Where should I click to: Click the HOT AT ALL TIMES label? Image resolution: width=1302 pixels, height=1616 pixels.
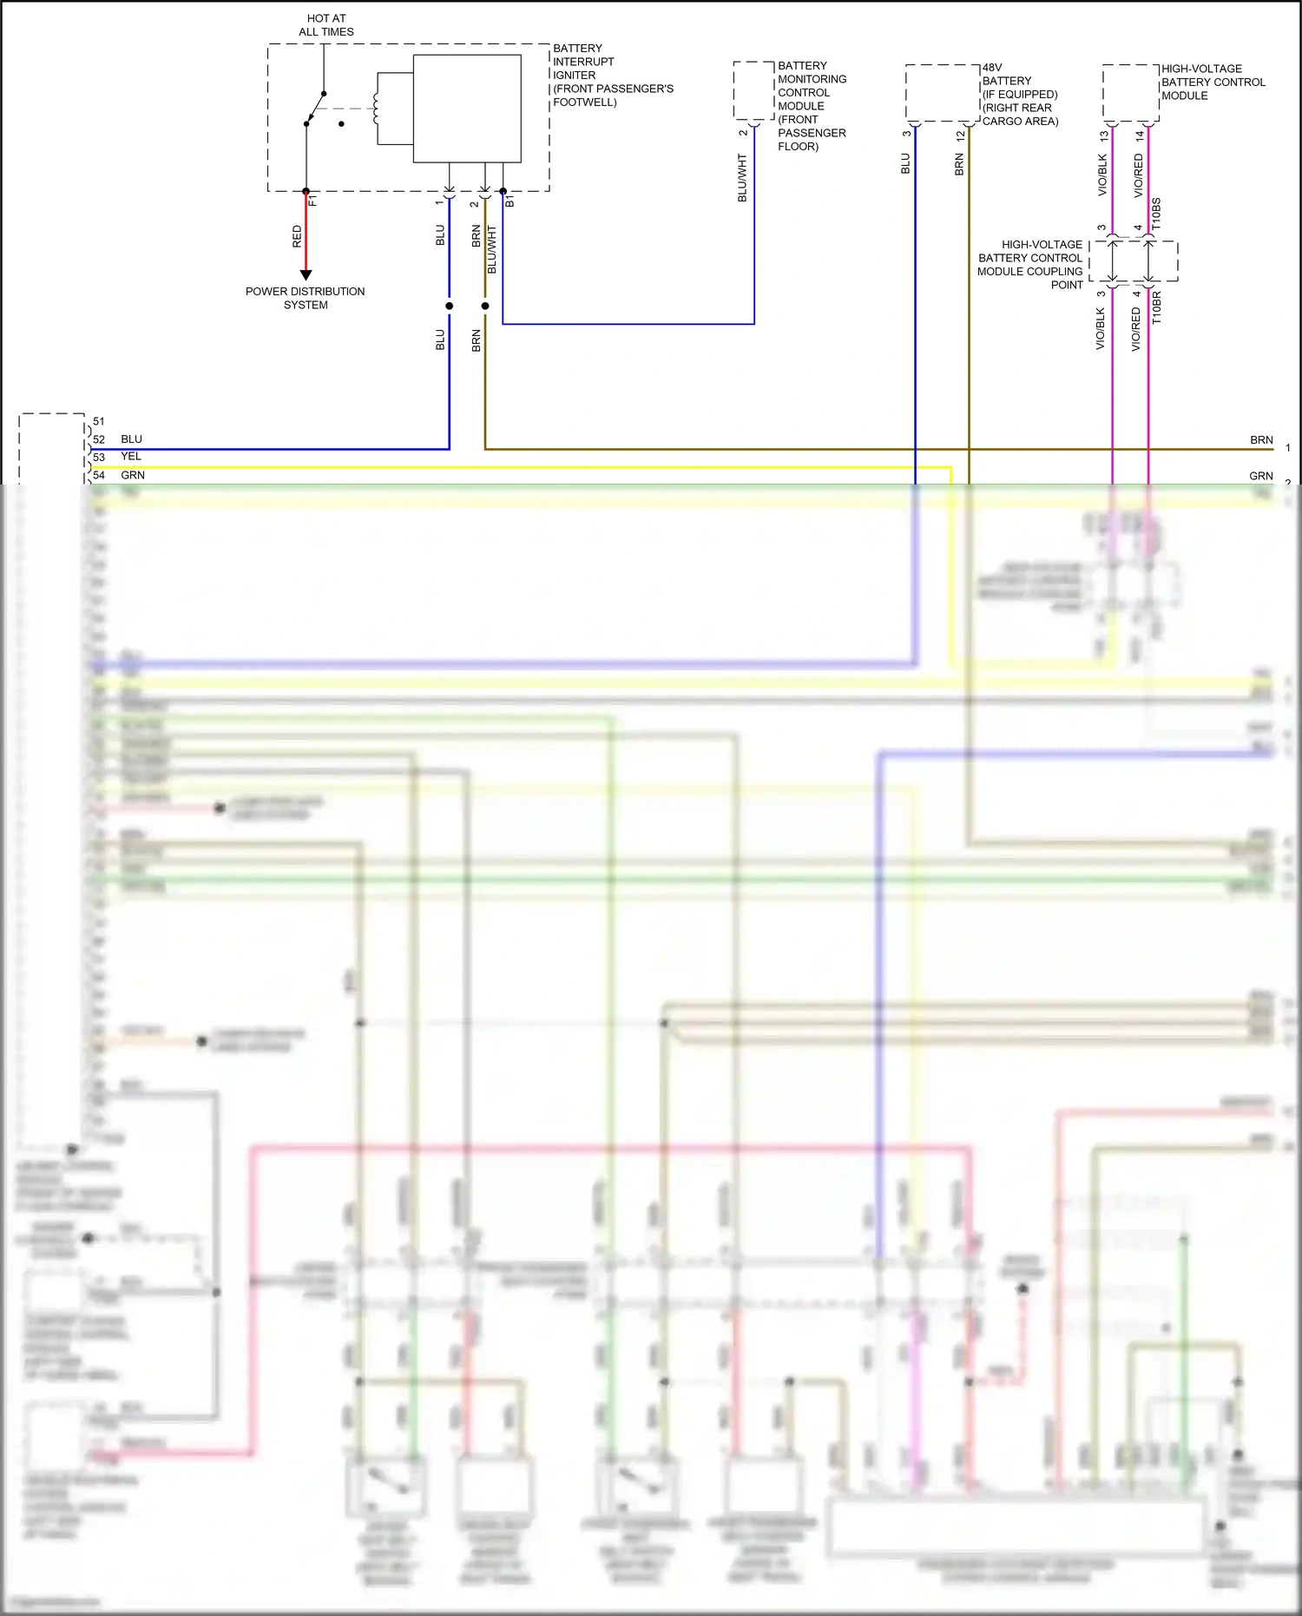[x=325, y=25]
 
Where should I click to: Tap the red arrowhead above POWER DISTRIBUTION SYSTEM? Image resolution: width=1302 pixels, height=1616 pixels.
[x=306, y=275]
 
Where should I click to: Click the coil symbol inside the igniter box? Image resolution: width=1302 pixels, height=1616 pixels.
[x=376, y=108]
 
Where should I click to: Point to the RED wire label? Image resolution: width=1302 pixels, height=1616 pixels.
[x=297, y=236]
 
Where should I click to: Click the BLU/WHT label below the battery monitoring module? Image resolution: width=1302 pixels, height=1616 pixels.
[x=742, y=178]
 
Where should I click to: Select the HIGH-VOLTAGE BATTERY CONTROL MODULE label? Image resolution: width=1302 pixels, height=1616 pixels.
[x=1213, y=82]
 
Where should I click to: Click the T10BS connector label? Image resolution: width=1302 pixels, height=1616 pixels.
[x=1156, y=214]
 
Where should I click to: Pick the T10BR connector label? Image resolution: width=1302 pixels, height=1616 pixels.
[x=1156, y=308]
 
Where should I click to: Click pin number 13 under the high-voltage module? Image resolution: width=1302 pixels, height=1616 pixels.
[x=1104, y=135]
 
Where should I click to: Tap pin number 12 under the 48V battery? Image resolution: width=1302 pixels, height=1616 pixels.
[x=960, y=135]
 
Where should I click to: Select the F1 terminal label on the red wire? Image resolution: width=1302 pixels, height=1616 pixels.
[x=313, y=201]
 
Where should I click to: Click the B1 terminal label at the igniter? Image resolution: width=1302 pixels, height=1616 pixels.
[x=510, y=201]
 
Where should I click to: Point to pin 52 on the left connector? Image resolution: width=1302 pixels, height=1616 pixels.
[x=99, y=439]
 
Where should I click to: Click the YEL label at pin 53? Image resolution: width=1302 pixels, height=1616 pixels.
[x=131, y=456]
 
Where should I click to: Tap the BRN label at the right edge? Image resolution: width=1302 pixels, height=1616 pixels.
[x=1261, y=440]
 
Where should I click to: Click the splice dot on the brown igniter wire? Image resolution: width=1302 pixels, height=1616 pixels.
[x=485, y=306]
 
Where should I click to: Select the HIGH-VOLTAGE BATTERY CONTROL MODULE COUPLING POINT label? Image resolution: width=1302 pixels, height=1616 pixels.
[x=1030, y=265]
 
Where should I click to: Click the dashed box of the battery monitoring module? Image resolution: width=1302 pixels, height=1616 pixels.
[x=753, y=90]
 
